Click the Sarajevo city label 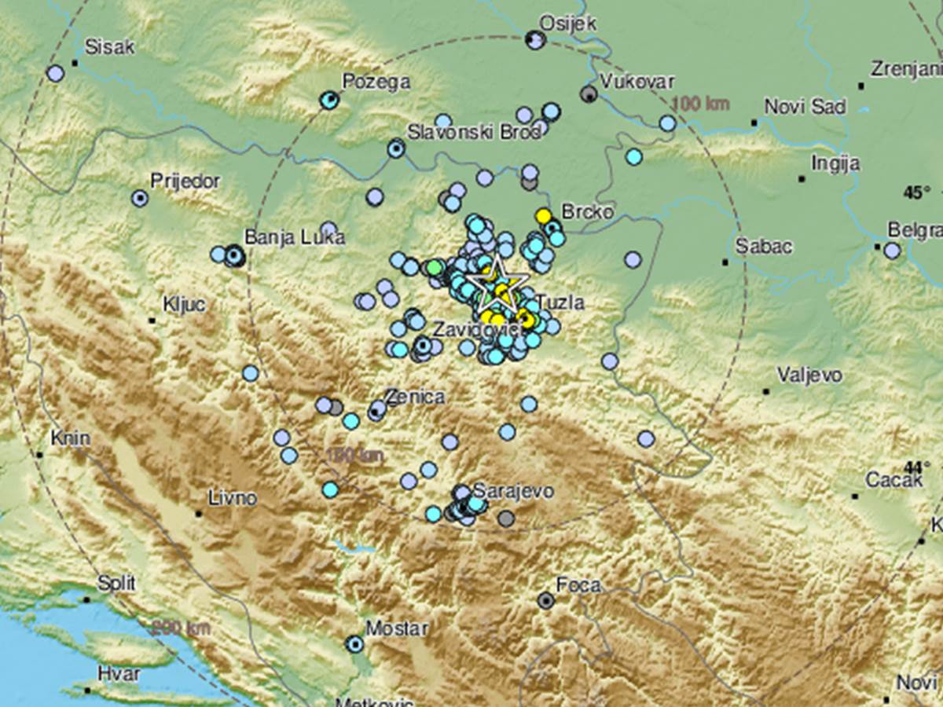coord(513,491)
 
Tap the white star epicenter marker coord(497,283)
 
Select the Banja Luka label coord(295,237)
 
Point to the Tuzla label coord(561,302)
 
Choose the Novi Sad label coord(805,107)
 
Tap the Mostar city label coord(397,628)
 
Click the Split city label coord(116,583)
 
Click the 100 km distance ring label coord(701,104)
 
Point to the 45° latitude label coord(916,192)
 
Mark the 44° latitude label coord(912,467)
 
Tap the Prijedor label coord(185,181)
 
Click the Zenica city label coord(414,397)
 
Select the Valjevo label coord(809,375)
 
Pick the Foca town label coord(578,584)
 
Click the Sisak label coord(109,46)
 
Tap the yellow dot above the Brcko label coord(542,215)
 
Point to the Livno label coord(233,497)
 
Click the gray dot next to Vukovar coord(588,94)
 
